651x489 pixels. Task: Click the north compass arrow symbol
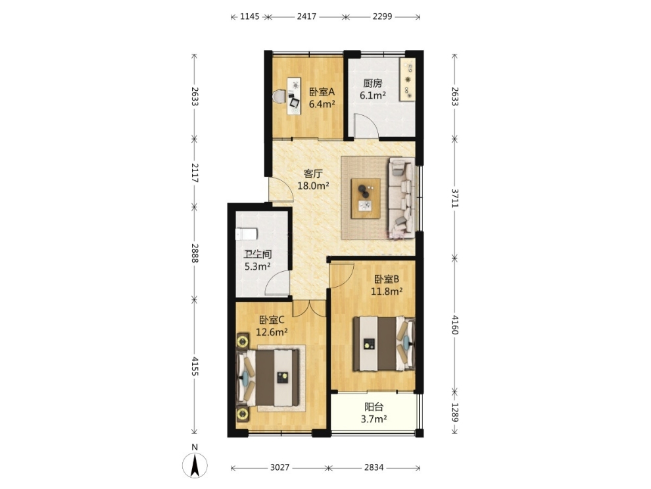click(x=195, y=465)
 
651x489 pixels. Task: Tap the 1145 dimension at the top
click(x=250, y=16)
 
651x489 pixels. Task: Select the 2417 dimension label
click(x=307, y=16)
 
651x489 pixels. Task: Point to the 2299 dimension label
click(x=382, y=16)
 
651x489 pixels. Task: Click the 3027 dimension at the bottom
click(x=280, y=467)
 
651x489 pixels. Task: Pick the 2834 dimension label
click(x=374, y=467)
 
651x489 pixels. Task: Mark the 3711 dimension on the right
click(x=455, y=198)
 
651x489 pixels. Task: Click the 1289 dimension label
click(x=455, y=412)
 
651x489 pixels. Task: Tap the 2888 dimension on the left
click(x=195, y=253)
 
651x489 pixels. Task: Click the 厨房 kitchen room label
click(x=372, y=84)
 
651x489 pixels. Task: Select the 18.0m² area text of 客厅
click(x=314, y=186)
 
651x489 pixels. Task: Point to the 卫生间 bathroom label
click(x=257, y=254)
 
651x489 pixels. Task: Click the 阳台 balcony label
click(x=374, y=407)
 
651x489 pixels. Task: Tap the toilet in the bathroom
click(x=246, y=234)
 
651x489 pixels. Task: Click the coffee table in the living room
click(x=366, y=198)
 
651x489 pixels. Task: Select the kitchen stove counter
click(x=408, y=79)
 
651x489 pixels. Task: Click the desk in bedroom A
click(x=295, y=96)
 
